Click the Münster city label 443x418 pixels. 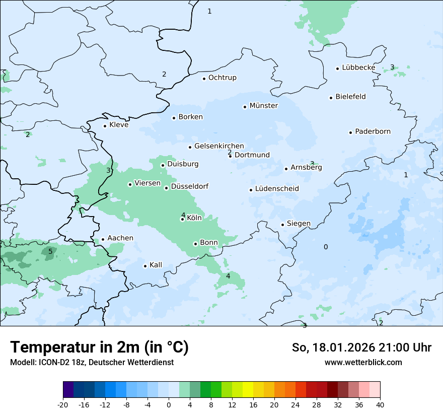pyautogui.click(x=263, y=106)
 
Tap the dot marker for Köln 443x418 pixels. pyautogui.click(x=182, y=219)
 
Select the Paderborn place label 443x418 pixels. pyautogui.click(x=373, y=131)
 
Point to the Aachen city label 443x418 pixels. pyautogui.click(x=120, y=238)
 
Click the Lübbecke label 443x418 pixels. pyautogui.click(x=358, y=67)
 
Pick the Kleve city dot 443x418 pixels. pyautogui.click(x=105, y=126)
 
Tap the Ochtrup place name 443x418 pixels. pyautogui.click(x=222, y=78)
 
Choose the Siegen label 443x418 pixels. pyautogui.click(x=299, y=224)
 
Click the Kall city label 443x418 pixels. pyautogui.click(x=156, y=265)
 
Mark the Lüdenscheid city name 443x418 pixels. pyautogui.click(x=277, y=189)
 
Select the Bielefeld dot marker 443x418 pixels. pyautogui.click(x=331, y=98)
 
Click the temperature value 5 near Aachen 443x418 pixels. pyautogui.click(x=50, y=251)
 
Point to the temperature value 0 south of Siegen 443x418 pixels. pyautogui.click(x=326, y=247)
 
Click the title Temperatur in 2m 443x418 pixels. pyautogui.click(x=99, y=347)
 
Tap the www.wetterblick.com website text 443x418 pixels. pyautogui.click(x=363, y=362)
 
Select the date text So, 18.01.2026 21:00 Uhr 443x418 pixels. pyautogui.click(x=361, y=347)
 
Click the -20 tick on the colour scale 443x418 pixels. pyautogui.click(x=63, y=404)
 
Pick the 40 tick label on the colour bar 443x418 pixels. pyautogui.click(x=380, y=404)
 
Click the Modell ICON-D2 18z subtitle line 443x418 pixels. pyautogui.click(x=92, y=362)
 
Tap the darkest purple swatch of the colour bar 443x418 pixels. pyautogui.click(x=68, y=390)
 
